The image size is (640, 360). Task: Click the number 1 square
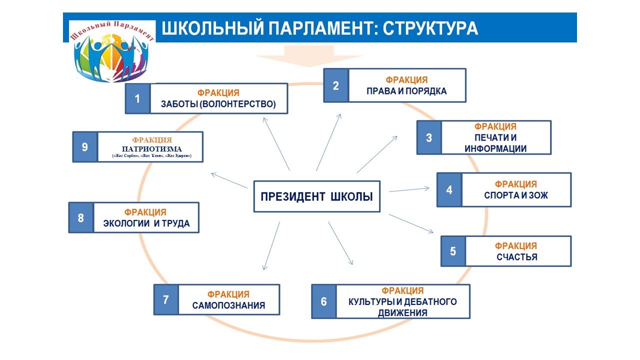coord(137,98)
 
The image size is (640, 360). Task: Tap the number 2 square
coord(336,85)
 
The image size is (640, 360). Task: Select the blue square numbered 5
coord(453,251)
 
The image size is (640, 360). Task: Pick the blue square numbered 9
coord(85,147)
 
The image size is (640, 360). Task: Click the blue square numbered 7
coord(166,299)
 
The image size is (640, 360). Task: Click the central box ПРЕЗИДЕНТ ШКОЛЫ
coord(316,196)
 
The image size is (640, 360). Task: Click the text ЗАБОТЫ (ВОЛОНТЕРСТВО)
coord(218,104)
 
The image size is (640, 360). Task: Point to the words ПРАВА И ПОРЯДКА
coord(406,91)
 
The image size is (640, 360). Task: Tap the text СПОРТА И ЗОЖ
coord(516,195)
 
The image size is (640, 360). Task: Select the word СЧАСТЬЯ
coord(517,257)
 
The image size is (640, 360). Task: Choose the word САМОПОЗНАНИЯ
coord(228,305)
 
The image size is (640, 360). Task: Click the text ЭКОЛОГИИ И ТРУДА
coord(146,223)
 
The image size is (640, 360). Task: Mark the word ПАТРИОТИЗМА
coord(152,149)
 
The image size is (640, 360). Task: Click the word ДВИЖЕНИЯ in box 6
coord(402,313)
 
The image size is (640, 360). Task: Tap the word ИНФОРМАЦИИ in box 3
coord(495,148)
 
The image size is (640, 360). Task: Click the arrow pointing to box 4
coord(408,189)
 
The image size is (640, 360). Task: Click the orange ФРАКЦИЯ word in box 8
coord(145,212)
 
